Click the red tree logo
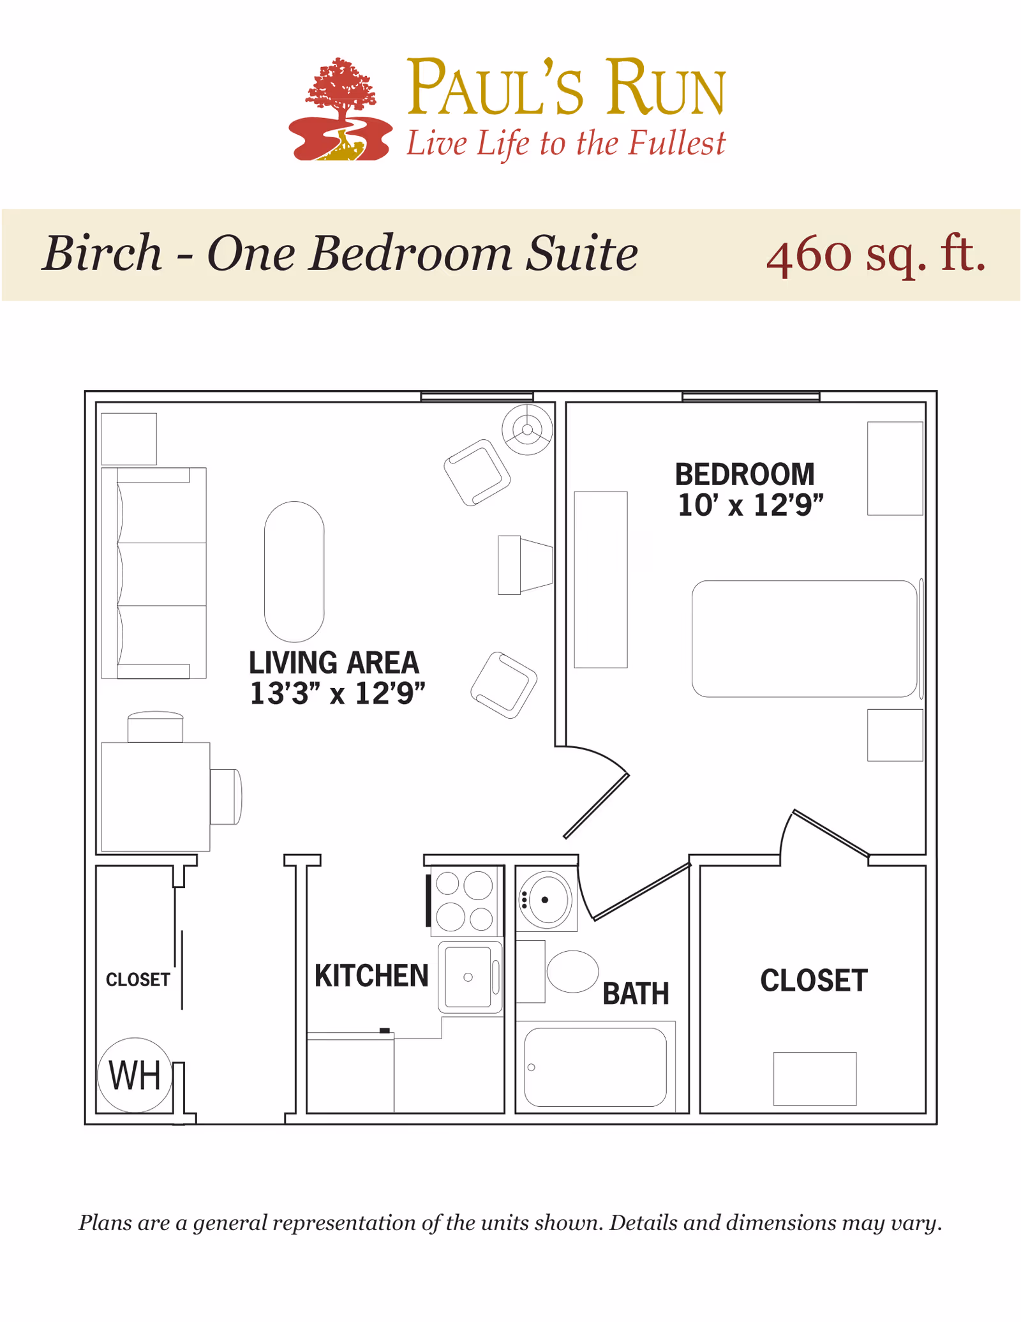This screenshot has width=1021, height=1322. coord(340,109)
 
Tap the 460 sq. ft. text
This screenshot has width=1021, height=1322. coord(876,255)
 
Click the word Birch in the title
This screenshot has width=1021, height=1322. coord(102,253)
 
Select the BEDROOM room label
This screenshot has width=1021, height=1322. coord(745,474)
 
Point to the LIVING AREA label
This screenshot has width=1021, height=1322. coord(334,663)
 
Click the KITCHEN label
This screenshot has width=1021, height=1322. coord(371,976)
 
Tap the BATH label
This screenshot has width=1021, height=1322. coord(636,994)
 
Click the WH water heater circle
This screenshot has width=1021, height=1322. coord(135,1075)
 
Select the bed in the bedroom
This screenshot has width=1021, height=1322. coord(805,638)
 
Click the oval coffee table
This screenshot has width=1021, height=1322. coord(294,571)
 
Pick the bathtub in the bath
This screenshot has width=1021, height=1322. coord(595,1067)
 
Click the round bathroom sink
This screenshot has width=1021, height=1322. coord(546,900)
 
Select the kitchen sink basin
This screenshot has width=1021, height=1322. coord(468,977)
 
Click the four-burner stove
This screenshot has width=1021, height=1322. coord(465,901)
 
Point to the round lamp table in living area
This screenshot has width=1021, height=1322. coord(527,430)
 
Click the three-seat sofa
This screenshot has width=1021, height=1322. coord(154,573)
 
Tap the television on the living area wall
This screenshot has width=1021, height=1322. coord(525,565)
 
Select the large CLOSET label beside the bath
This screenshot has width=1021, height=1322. coord(814,980)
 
